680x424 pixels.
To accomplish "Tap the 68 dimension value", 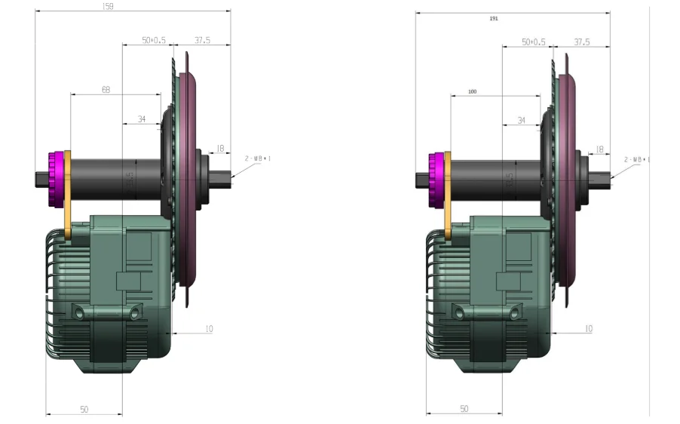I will [106, 90].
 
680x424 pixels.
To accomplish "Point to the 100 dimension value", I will [473, 91].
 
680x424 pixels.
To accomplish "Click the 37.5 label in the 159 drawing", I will [202, 41].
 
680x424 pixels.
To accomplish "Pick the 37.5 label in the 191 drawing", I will [582, 42].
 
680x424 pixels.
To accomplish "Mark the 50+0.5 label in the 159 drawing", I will [154, 41].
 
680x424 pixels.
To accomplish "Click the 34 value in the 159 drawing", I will [142, 119].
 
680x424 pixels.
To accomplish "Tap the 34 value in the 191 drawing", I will [522, 121].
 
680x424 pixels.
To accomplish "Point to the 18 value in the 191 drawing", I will [600, 149].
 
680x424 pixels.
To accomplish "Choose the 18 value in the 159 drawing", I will [220, 149].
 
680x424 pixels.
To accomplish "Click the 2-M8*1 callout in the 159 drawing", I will [257, 158].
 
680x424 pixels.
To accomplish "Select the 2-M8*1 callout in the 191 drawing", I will [637, 160].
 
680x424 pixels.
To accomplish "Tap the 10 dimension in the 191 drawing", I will [588, 329].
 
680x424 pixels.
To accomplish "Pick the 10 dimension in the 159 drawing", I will [208, 328].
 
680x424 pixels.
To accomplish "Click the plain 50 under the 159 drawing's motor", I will [84, 409].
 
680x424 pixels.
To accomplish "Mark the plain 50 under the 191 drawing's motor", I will [464, 409].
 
